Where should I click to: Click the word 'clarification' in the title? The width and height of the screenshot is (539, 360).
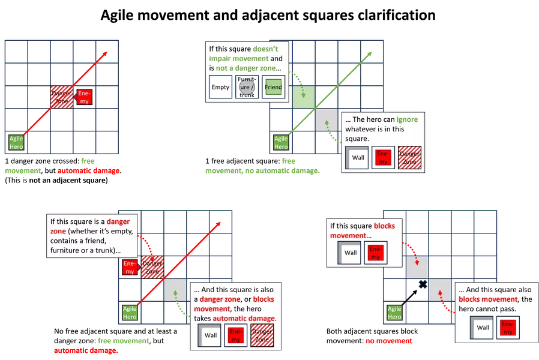pos(397,15)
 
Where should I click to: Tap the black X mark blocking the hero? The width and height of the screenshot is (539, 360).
pos(423,284)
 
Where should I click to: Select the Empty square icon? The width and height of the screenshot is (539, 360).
pos(220,87)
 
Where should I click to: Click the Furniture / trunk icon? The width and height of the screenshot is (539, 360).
pos(247,87)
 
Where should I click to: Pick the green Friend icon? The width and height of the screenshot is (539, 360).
pos(273,87)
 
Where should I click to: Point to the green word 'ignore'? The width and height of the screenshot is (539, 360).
pos(407,119)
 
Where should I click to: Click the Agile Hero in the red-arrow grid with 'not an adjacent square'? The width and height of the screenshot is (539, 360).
pos(16,143)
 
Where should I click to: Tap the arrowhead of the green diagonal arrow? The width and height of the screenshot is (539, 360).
pos(370,54)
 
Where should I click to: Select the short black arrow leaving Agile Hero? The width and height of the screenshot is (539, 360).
pos(409,298)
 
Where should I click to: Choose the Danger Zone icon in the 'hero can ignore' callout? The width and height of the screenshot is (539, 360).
pos(409,157)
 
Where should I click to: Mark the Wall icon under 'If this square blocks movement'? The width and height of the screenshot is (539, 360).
pos(349,253)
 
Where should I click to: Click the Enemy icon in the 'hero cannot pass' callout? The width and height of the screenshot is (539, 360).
pos(508,328)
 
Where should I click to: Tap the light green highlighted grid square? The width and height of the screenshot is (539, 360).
pos(304,97)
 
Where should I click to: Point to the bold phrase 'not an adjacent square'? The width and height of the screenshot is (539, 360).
pos(67,181)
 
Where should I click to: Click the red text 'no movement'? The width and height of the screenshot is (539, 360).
pos(389,341)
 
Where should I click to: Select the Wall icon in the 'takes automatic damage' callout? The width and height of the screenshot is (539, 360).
pos(209,335)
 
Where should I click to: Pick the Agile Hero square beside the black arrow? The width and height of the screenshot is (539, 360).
pos(394,313)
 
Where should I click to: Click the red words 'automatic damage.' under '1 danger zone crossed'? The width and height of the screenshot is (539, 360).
pos(89,171)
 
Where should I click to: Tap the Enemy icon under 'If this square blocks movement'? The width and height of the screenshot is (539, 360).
pos(375,253)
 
